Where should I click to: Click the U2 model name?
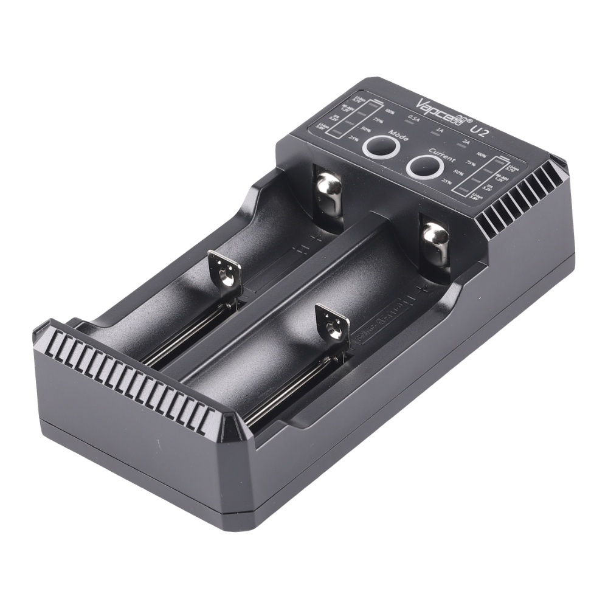477,128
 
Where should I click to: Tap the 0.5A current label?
414,119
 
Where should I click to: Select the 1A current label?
440,130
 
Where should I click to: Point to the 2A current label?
466,142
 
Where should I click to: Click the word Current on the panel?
442,154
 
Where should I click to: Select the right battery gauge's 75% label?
469,163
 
